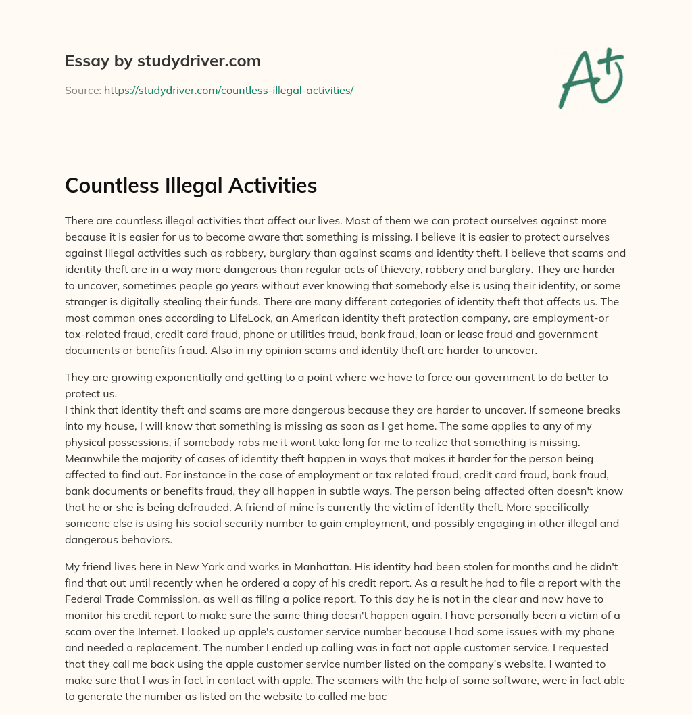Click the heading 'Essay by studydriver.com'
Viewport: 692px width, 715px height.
[163, 61]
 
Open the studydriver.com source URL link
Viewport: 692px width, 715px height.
[228, 90]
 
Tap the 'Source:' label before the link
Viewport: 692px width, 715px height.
[82, 90]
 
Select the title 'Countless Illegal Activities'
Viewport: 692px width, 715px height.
[191, 185]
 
